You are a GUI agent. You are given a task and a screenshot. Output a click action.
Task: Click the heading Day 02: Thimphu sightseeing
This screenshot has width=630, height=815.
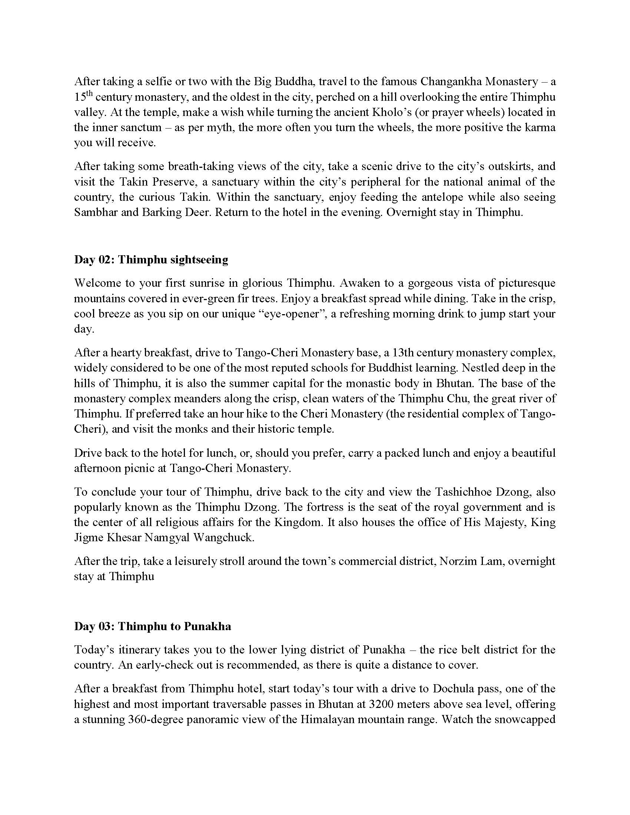click(151, 260)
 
